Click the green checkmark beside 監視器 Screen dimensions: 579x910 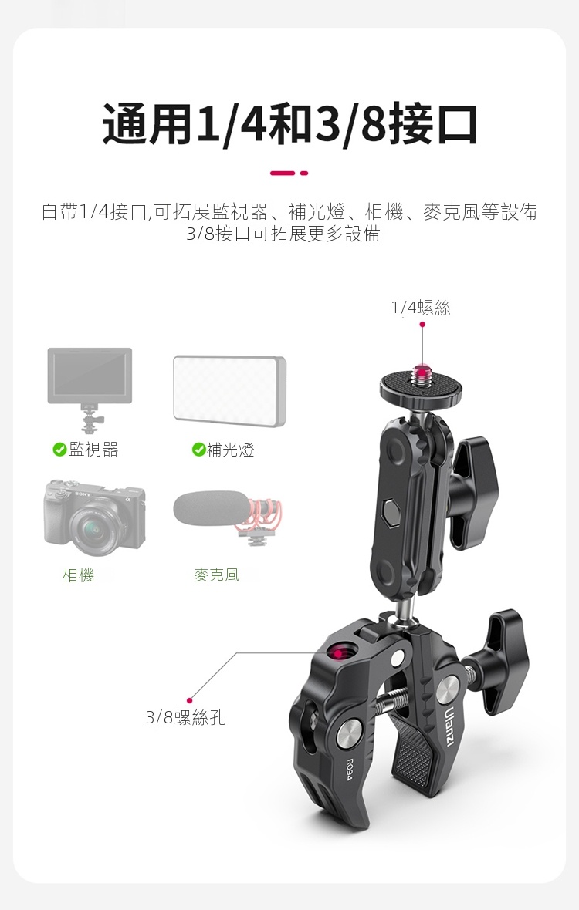pyautogui.click(x=59, y=449)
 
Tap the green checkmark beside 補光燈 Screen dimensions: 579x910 pyautogui.click(x=198, y=450)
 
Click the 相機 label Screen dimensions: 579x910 pyautogui.click(x=79, y=575)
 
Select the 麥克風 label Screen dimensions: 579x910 pyautogui.click(x=217, y=575)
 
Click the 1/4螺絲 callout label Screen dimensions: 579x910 pyautogui.click(x=421, y=308)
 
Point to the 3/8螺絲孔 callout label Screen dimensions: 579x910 pyautogui.click(x=186, y=718)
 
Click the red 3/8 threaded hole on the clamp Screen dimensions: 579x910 pyautogui.click(x=337, y=652)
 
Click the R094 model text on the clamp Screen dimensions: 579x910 pyautogui.click(x=349, y=769)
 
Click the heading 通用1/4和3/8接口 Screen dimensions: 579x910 pyautogui.click(x=289, y=123)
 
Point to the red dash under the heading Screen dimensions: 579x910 pyautogui.click(x=289, y=173)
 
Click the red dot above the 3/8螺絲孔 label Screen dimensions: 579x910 pyautogui.click(x=189, y=699)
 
